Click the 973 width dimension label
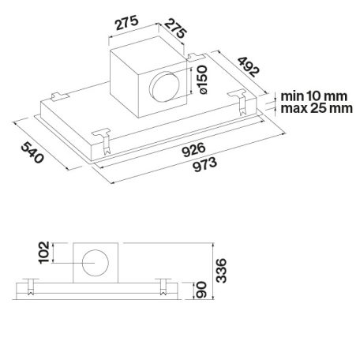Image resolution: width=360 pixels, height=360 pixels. coord(205,164)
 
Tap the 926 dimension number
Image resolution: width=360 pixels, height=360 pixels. coord(193,149)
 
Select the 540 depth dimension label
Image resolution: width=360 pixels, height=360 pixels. coord(32,152)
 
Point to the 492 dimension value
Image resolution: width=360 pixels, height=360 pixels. coord(249,67)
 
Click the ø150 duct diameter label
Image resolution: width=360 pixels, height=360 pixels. coord(202,80)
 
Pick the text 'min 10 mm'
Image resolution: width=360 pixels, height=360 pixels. coord(314,96)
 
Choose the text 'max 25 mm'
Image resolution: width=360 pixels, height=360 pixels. coord(317,108)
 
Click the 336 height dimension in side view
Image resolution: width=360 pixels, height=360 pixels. coord(221,271)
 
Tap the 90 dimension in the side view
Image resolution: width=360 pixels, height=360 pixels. coord(201,290)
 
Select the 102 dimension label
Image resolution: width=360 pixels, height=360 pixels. coord(44,252)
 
